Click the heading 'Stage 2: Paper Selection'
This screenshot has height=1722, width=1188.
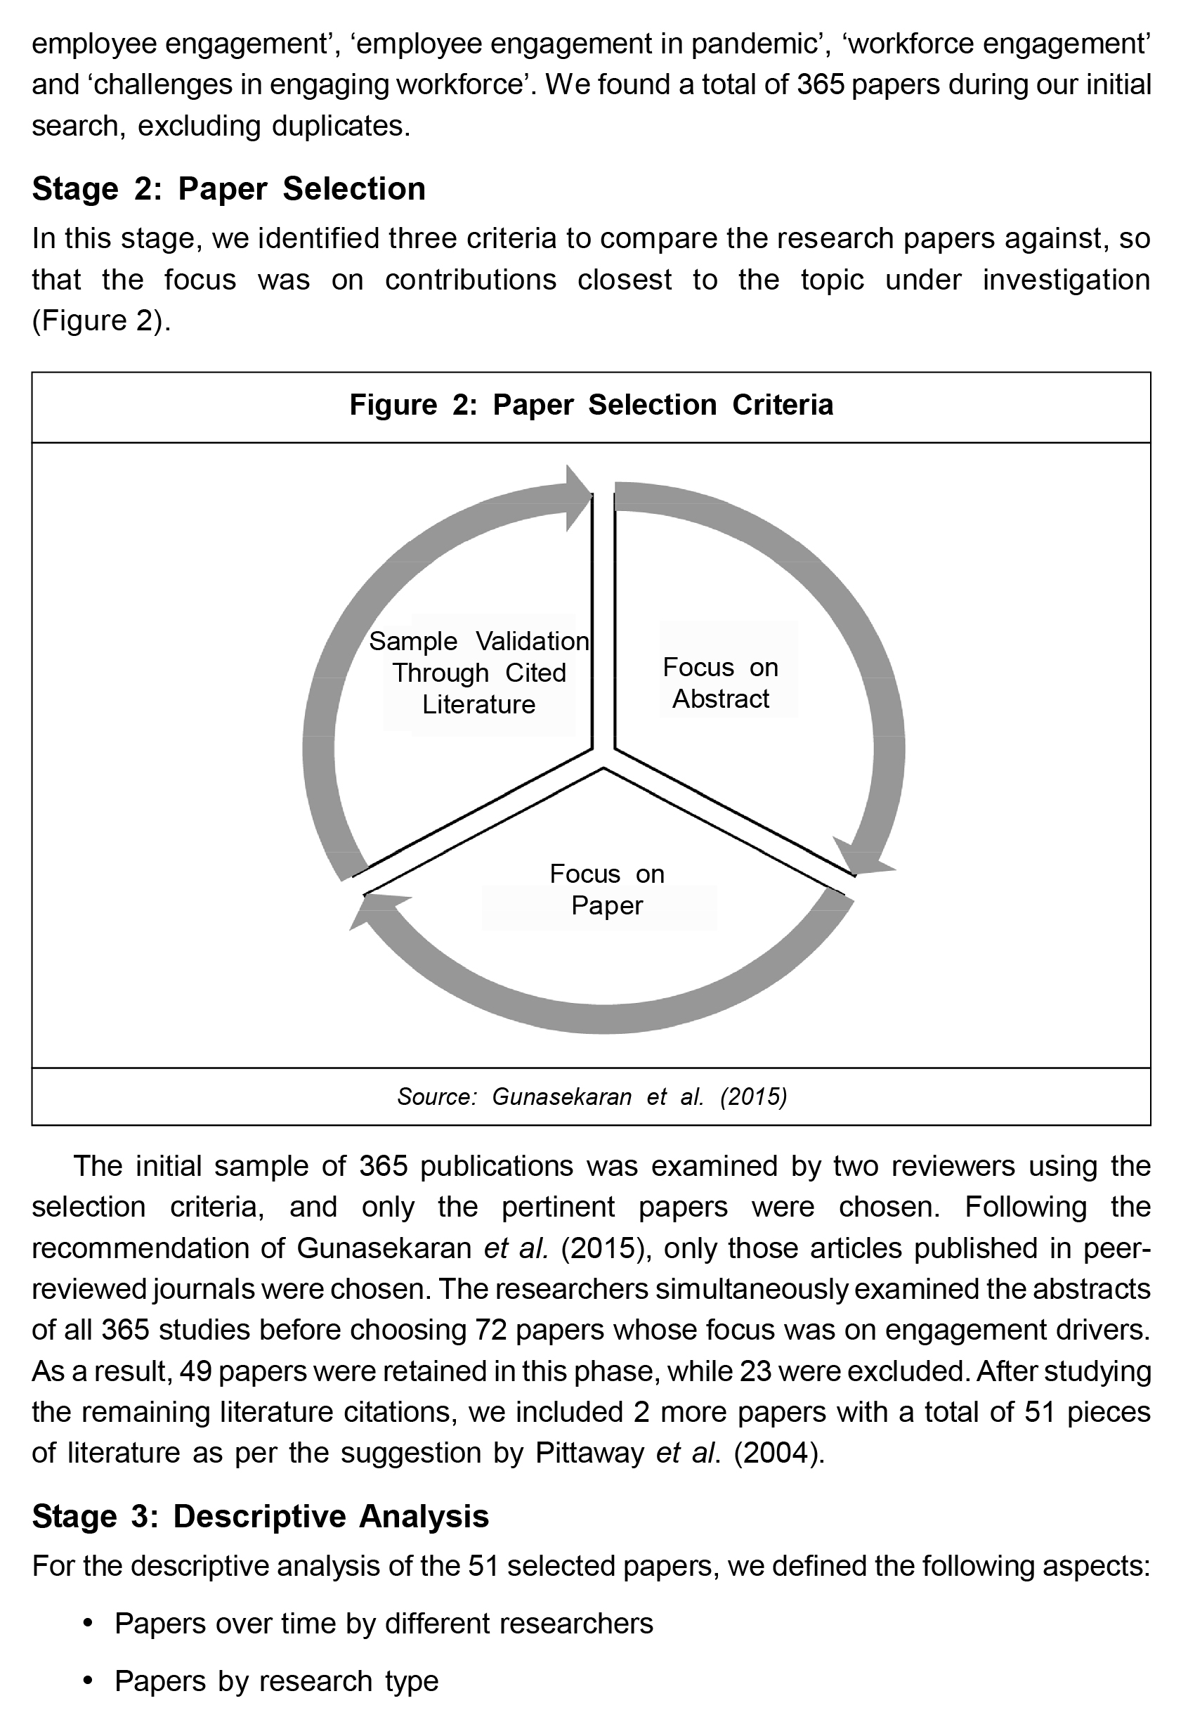(228, 189)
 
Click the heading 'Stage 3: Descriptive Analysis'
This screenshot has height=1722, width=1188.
(260, 1516)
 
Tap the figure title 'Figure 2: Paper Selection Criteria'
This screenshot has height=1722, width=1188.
(591, 405)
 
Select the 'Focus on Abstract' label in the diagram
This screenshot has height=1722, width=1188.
(721, 682)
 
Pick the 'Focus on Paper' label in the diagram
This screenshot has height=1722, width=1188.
(607, 889)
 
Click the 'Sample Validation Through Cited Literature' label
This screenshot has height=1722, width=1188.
(478, 672)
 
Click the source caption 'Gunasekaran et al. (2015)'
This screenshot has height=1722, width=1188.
(592, 1096)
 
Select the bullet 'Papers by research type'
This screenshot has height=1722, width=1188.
(276, 1681)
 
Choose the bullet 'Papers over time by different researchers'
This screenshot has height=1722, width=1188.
(384, 1622)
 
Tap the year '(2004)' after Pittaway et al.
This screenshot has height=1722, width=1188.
(778, 1453)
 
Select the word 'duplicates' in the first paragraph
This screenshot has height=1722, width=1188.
(339, 126)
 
